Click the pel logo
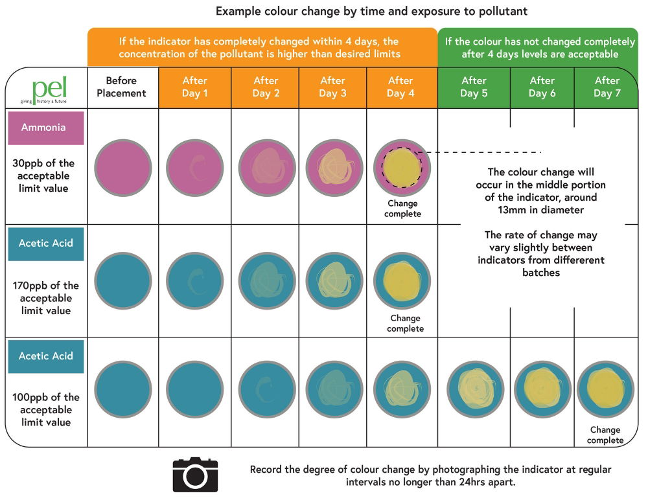pos(49,89)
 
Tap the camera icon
pos(195,474)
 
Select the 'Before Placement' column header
pos(122,87)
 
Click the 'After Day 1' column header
pos(194,87)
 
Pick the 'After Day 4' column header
pos(400,87)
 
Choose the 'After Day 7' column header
pos(607,87)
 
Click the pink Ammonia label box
pos(46,128)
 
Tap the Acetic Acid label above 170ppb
pos(46,244)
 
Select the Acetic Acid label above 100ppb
pos(46,356)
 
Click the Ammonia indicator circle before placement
pos(123,168)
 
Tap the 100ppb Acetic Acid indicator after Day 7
pos(605,389)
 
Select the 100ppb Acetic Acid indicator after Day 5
pos(476,389)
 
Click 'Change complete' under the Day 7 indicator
pos(605,435)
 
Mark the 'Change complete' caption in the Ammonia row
pos(402,209)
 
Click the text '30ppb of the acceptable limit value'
pos(45,176)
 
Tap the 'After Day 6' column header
pos(542,87)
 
